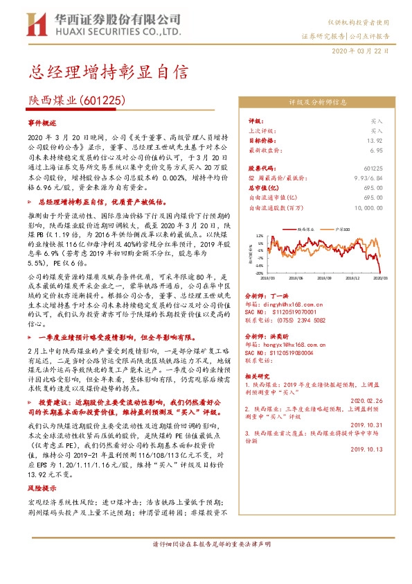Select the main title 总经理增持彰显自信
(107, 72)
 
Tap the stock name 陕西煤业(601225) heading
(82, 101)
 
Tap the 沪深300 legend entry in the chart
(341, 227)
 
